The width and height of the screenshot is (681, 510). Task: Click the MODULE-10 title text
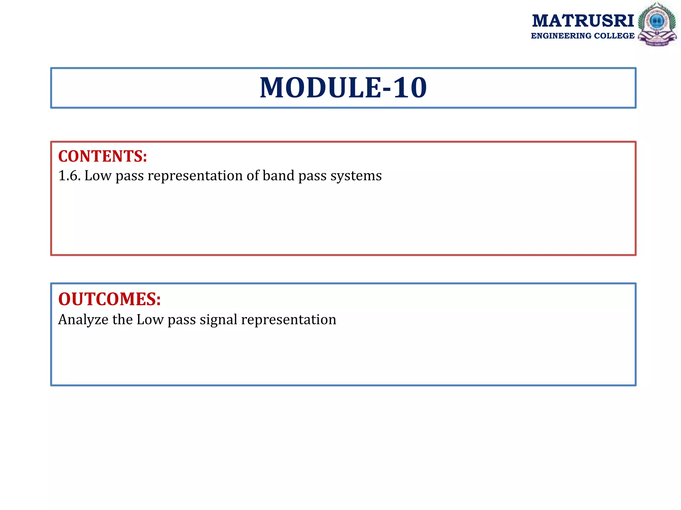tap(343, 88)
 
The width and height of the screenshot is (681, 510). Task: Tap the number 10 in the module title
tap(410, 88)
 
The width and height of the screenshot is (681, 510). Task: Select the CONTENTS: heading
tap(102, 156)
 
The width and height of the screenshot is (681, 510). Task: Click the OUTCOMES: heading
tap(109, 299)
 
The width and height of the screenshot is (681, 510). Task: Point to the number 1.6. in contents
tap(69, 176)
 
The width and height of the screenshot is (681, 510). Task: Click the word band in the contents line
tap(278, 176)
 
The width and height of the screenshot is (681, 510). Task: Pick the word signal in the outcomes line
tap(218, 320)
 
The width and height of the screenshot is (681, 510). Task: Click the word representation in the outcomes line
tap(289, 320)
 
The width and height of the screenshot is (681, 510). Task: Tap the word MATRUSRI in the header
tap(583, 21)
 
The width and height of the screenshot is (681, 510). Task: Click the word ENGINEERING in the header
tap(561, 36)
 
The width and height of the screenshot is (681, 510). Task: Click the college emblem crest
tap(657, 24)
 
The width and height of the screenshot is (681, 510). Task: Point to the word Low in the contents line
tap(98, 176)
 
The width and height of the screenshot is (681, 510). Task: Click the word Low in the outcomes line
tap(150, 320)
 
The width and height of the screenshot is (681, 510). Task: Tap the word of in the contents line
tap(252, 176)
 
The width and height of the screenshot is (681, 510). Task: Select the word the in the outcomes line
tap(122, 320)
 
